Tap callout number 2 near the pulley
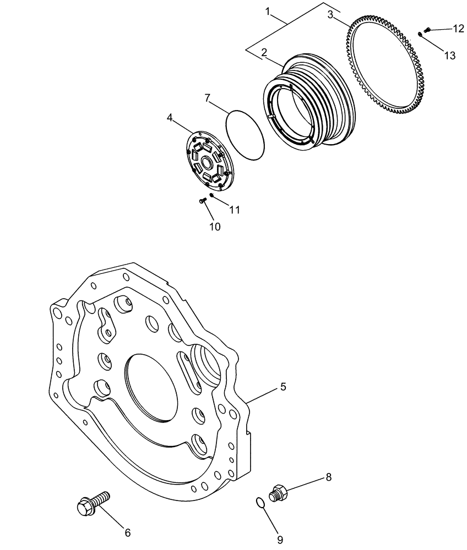(264, 53)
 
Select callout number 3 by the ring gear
(330, 15)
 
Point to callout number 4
(170, 117)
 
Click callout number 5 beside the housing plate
(283, 387)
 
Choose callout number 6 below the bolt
(128, 532)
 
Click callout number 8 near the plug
(328, 477)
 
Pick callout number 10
(215, 227)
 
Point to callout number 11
(235, 210)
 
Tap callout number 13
(450, 55)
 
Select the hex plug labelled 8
(278, 491)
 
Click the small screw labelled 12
(427, 30)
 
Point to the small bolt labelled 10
(202, 201)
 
